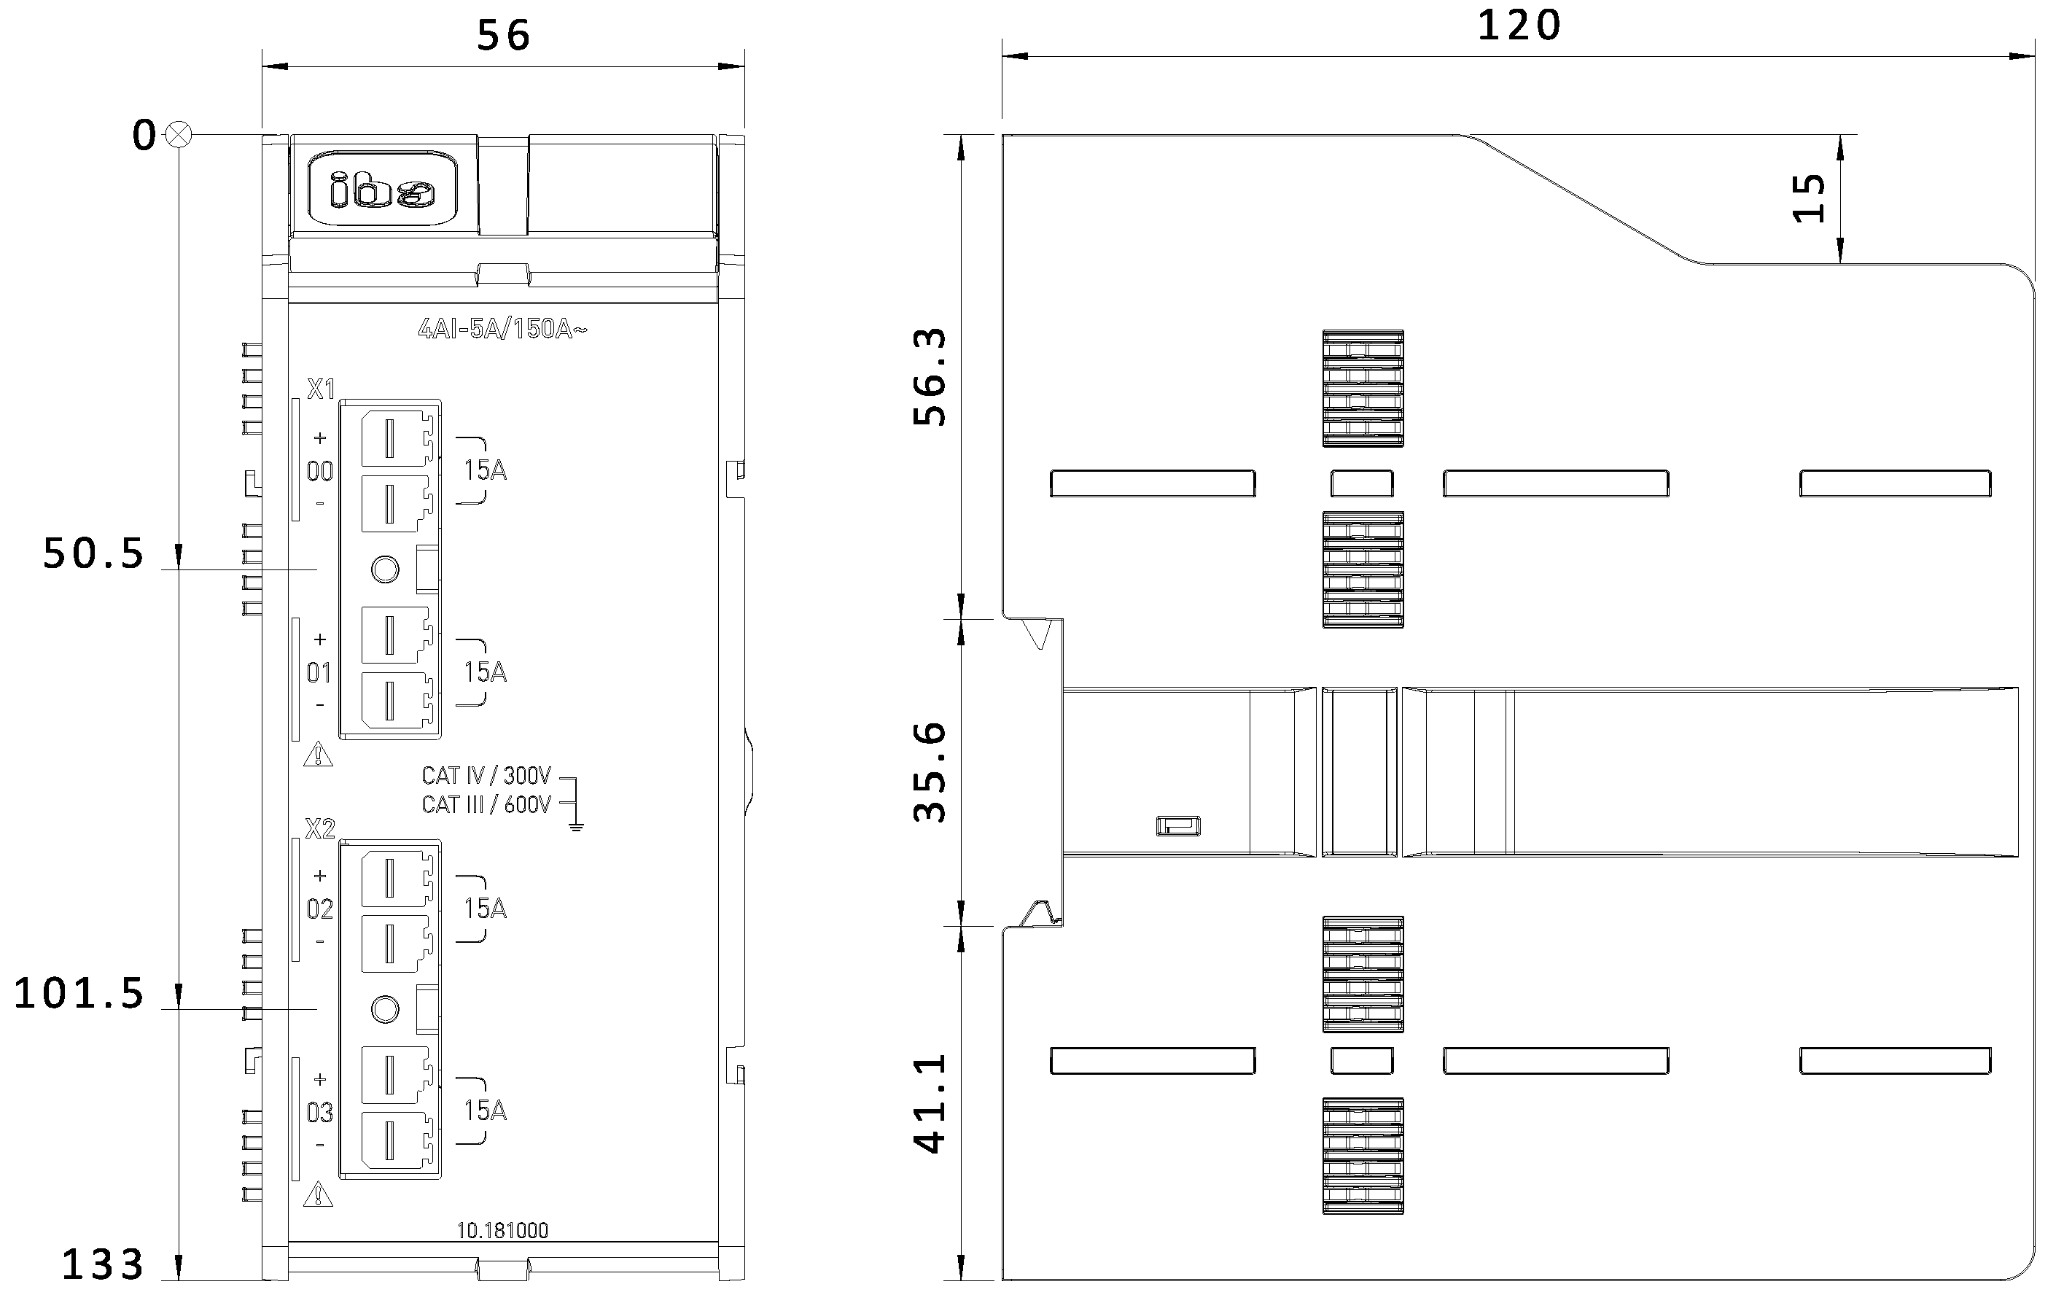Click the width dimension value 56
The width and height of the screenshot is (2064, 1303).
[503, 36]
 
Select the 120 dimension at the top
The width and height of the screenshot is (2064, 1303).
[1519, 26]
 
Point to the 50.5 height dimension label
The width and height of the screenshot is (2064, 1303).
[94, 553]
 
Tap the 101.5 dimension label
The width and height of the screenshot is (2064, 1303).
[79, 994]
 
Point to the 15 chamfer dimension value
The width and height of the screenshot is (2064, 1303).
[1809, 199]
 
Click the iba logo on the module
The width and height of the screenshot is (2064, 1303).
[382, 190]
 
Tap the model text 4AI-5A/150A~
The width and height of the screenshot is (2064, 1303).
[502, 329]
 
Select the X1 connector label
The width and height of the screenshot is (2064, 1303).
[321, 389]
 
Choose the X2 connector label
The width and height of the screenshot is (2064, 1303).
[320, 828]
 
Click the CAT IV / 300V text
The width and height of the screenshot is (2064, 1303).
[486, 776]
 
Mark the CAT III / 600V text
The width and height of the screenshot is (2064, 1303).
[486, 805]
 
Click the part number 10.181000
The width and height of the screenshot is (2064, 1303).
[502, 1230]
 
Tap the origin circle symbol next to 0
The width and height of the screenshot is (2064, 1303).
[179, 135]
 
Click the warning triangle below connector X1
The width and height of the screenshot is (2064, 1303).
[318, 755]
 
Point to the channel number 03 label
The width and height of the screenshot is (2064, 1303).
[320, 1113]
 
